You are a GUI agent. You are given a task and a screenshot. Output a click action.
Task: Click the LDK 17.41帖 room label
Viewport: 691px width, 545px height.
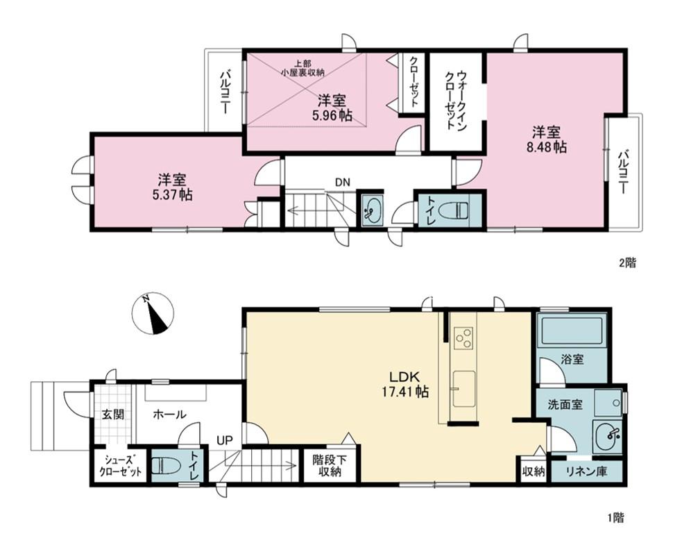pyautogui.click(x=405, y=384)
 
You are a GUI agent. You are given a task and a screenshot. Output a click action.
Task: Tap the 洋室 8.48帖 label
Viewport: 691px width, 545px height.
pyautogui.click(x=547, y=140)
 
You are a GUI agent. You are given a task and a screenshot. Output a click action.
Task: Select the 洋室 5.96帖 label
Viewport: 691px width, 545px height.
pyautogui.click(x=332, y=108)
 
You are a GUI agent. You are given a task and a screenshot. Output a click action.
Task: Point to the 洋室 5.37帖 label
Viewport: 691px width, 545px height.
pyautogui.click(x=172, y=187)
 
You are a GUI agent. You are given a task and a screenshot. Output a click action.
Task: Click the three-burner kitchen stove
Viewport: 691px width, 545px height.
pyautogui.click(x=463, y=337)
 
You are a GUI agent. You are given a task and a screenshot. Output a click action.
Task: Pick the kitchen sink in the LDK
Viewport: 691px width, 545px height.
pyautogui.click(x=463, y=389)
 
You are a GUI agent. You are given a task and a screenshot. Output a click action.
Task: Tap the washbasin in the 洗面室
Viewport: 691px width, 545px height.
pyautogui.click(x=607, y=436)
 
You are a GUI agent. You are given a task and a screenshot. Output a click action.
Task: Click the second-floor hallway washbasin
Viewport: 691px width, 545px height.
pyautogui.click(x=373, y=210)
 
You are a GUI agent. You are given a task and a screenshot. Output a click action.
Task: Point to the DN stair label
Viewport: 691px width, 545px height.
pyautogui.click(x=343, y=182)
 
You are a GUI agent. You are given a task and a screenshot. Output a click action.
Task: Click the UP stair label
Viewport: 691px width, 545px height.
pyautogui.click(x=224, y=440)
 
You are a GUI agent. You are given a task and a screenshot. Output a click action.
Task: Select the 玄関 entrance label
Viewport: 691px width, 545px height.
pyautogui.click(x=113, y=414)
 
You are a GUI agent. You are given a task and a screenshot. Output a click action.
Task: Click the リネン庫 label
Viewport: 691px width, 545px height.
pyautogui.click(x=586, y=471)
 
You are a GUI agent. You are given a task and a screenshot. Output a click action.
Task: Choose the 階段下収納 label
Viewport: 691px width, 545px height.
pyautogui.click(x=330, y=466)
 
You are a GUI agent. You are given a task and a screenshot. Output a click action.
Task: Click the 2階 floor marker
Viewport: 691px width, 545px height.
pyautogui.click(x=628, y=263)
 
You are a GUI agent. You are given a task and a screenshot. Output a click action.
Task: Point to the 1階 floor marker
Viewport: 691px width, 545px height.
pyautogui.click(x=615, y=518)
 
